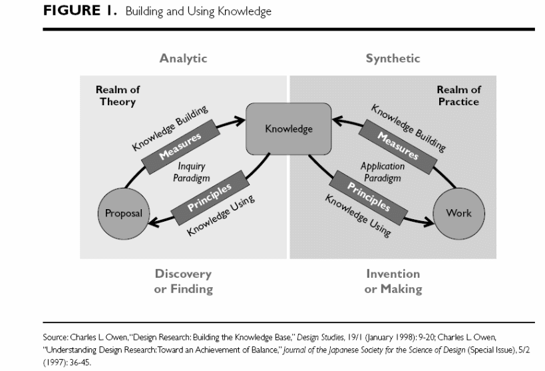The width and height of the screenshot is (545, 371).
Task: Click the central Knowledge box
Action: [289, 129]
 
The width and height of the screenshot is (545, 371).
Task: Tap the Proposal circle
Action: [122, 213]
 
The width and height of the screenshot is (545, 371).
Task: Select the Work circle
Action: [458, 213]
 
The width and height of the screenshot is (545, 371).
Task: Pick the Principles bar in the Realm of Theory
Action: [209, 198]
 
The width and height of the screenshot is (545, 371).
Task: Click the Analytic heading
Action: [183, 59]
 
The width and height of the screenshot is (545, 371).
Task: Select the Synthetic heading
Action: [393, 59]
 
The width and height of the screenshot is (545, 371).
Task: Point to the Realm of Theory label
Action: [118, 95]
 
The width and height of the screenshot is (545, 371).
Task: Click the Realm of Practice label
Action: [458, 95]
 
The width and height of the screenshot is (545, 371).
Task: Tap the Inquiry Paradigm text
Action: [192, 173]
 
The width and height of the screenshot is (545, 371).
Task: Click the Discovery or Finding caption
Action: [183, 281]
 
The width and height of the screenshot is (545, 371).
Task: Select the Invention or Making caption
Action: [393, 281]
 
